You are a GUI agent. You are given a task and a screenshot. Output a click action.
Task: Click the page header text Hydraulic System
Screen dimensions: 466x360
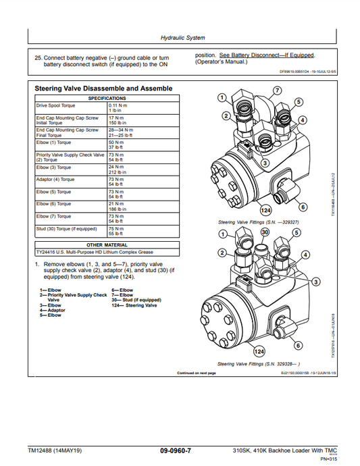[x=182, y=38]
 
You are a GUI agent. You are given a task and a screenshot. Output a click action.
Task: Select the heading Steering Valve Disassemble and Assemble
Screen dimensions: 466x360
[x=103, y=89]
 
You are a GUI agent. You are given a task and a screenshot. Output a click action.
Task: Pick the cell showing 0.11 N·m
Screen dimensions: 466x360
[x=118, y=106]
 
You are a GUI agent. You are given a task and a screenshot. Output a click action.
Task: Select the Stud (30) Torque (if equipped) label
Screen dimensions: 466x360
[x=65, y=228]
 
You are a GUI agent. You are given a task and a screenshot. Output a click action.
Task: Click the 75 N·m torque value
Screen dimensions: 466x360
[x=116, y=228]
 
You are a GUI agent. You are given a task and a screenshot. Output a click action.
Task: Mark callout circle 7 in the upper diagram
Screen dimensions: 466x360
[x=277, y=90]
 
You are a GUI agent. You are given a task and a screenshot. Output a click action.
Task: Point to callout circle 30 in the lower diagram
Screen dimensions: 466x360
[x=265, y=232]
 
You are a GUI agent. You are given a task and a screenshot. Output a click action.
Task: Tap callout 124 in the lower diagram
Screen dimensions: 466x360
[x=257, y=351]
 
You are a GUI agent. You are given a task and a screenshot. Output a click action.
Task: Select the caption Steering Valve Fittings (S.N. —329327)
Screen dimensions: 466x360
[x=258, y=222]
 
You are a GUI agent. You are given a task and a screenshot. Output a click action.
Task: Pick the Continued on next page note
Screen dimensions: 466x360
[x=196, y=373]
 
